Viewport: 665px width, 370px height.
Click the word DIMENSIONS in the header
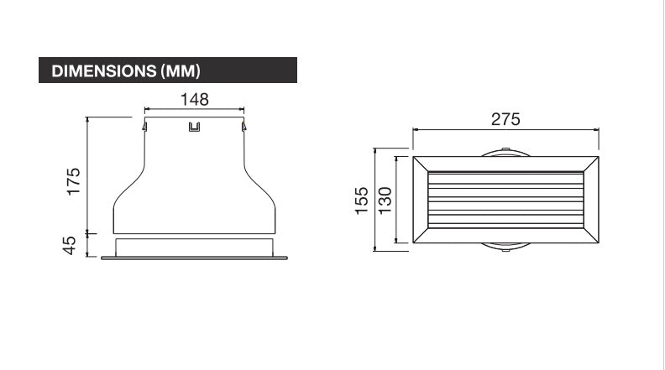[x=104, y=70]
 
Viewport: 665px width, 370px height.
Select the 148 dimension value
[x=194, y=99]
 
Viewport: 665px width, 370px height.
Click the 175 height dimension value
[x=73, y=182]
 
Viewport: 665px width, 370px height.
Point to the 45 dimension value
[x=71, y=245]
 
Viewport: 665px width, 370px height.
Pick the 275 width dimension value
[x=505, y=119]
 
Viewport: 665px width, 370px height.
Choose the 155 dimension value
[x=361, y=200]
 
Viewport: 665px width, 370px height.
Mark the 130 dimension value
[x=384, y=200]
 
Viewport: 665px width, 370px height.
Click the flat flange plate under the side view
[x=194, y=258]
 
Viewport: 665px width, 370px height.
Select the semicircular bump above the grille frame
[x=505, y=153]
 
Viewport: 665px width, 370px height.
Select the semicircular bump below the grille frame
[x=505, y=247]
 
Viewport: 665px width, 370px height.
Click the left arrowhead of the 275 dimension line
[x=414, y=131]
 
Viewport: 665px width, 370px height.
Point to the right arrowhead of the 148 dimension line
[x=242, y=108]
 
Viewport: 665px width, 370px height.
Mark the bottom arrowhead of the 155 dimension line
[x=373, y=248]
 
